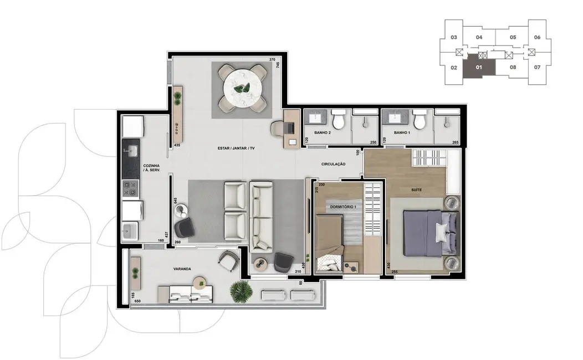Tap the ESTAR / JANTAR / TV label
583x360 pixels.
click(x=236, y=148)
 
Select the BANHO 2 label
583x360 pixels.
click(x=322, y=133)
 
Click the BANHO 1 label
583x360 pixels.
click(x=402, y=133)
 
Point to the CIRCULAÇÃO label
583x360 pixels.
click(x=334, y=164)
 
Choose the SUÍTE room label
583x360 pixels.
click(x=416, y=190)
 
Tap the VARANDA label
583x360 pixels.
click(x=182, y=269)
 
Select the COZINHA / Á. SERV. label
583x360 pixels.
click(x=152, y=168)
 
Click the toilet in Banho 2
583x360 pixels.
click(x=339, y=118)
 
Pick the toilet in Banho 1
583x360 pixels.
click(x=420, y=118)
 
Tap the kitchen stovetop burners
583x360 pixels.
click(x=131, y=189)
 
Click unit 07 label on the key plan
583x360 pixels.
click(x=537, y=68)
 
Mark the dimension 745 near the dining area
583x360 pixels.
click(x=278, y=65)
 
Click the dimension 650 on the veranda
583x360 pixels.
click(x=136, y=301)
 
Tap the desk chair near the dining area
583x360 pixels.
click(x=278, y=128)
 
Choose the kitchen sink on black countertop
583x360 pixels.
click(x=131, y=150)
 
